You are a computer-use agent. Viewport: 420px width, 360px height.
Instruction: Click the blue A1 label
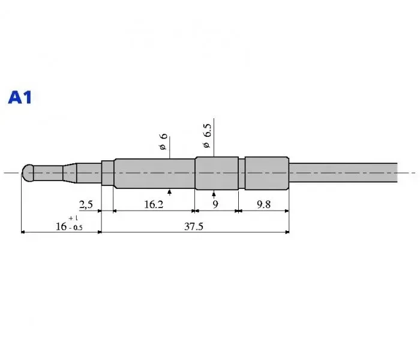pyautogui.click(x=20, y=97)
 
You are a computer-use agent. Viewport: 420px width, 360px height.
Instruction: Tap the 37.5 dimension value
pyautogui.click(x=194, y=227)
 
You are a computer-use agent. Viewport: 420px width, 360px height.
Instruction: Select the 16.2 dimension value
pyautogui.click(x=154, y=205)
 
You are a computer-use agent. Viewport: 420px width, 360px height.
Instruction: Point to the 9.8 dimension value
pyautogui.click(x=263, y=205)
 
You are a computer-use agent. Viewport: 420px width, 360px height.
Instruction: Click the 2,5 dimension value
pyautogui.click(x=86, y=205)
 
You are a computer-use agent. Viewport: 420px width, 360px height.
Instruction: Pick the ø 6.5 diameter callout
pyautogui.click(x=207, y=136)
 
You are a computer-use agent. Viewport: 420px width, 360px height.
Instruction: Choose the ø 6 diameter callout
pyautogui.click(x=163, y=142)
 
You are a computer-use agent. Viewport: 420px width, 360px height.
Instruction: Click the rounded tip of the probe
pyautogui.click(x=28, y=173)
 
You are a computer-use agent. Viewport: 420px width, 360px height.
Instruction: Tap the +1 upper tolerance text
pyautogui.click(x=73, y=218)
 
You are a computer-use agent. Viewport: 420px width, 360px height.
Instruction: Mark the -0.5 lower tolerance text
pyautogui.click(x=76, y=228)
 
